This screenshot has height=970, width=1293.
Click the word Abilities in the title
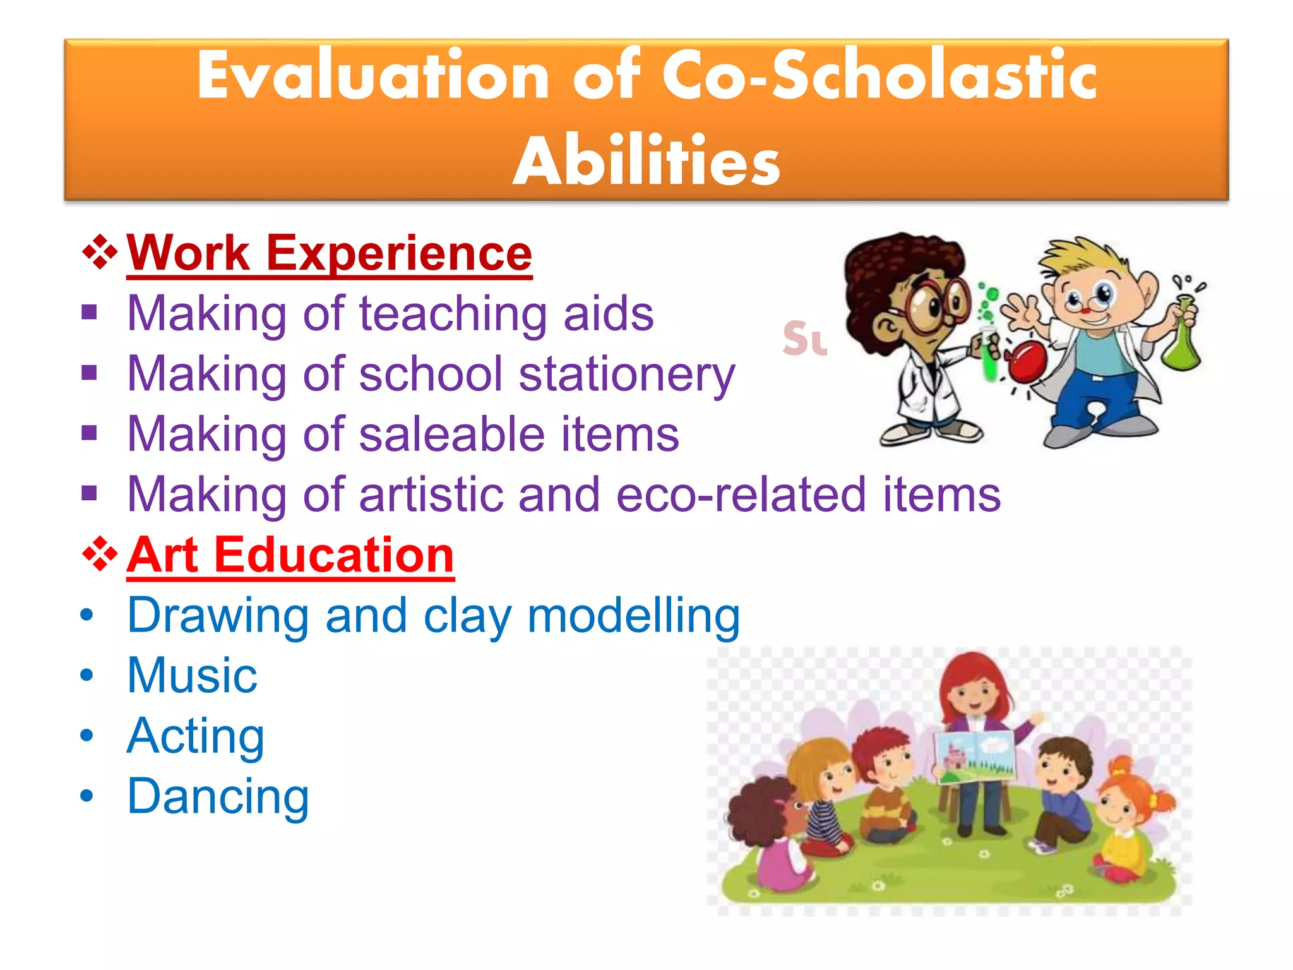(x=646, y=162)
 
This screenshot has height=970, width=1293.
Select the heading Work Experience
(x=329, y=253)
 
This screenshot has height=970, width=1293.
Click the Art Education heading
(x=290, y=554)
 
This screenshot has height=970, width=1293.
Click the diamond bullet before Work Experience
(x=100, y=253)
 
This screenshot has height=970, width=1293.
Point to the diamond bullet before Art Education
(x=100, y=554)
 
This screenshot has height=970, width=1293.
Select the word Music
(x=192, y=675)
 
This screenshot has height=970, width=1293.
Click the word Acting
(x=195, y=736)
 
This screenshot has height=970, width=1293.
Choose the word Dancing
(x=218, y=796)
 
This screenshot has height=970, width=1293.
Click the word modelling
(x=633, y=615)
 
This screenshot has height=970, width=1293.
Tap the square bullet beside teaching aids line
(x=89, y=313)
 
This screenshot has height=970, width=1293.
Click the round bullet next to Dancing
(x=86, y=796)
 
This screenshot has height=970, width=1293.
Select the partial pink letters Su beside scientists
(x=804, y=338)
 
